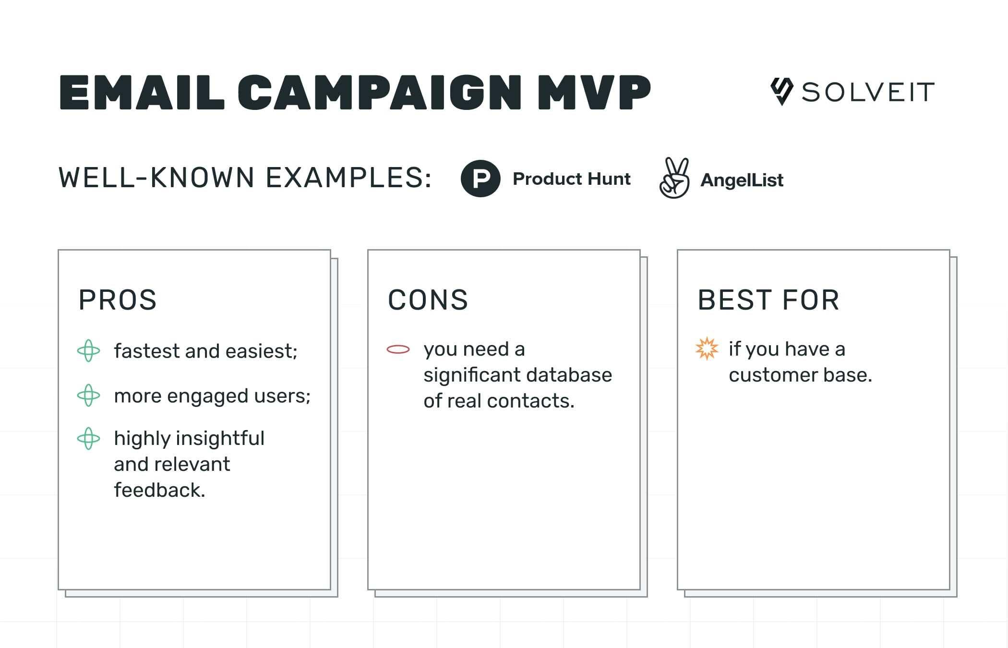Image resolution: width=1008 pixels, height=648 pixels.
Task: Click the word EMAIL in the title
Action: click(142, 92)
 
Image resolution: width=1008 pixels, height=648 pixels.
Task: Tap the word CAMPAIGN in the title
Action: click(379, 92)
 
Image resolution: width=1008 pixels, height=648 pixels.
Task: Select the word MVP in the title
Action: click(594, 92)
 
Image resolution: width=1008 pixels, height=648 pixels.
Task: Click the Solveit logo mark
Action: click(781, 91)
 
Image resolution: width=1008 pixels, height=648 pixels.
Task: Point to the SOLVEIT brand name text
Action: click(868, 92)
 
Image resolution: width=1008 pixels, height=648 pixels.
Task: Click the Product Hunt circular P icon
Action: click(480, 179)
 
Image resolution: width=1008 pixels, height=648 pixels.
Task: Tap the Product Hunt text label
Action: click(571, 179)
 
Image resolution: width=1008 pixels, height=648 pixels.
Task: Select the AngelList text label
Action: click(742, 180)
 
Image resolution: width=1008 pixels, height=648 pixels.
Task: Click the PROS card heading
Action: click(118, 300)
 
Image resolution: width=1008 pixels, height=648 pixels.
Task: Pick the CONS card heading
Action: click(428, 300)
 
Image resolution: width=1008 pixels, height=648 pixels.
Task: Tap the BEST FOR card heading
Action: click(768, 300)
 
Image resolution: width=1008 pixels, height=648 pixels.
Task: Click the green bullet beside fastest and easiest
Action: click(89, 351)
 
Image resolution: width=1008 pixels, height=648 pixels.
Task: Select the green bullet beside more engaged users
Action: click(89, 396)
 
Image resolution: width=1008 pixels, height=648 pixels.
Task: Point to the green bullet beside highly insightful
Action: click(89, 438)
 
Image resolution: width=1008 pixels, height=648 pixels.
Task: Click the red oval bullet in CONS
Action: click(398, 349)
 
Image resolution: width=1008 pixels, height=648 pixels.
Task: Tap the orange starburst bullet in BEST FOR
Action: click(707, 349)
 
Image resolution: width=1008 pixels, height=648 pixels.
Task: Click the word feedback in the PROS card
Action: click(159, 490)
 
